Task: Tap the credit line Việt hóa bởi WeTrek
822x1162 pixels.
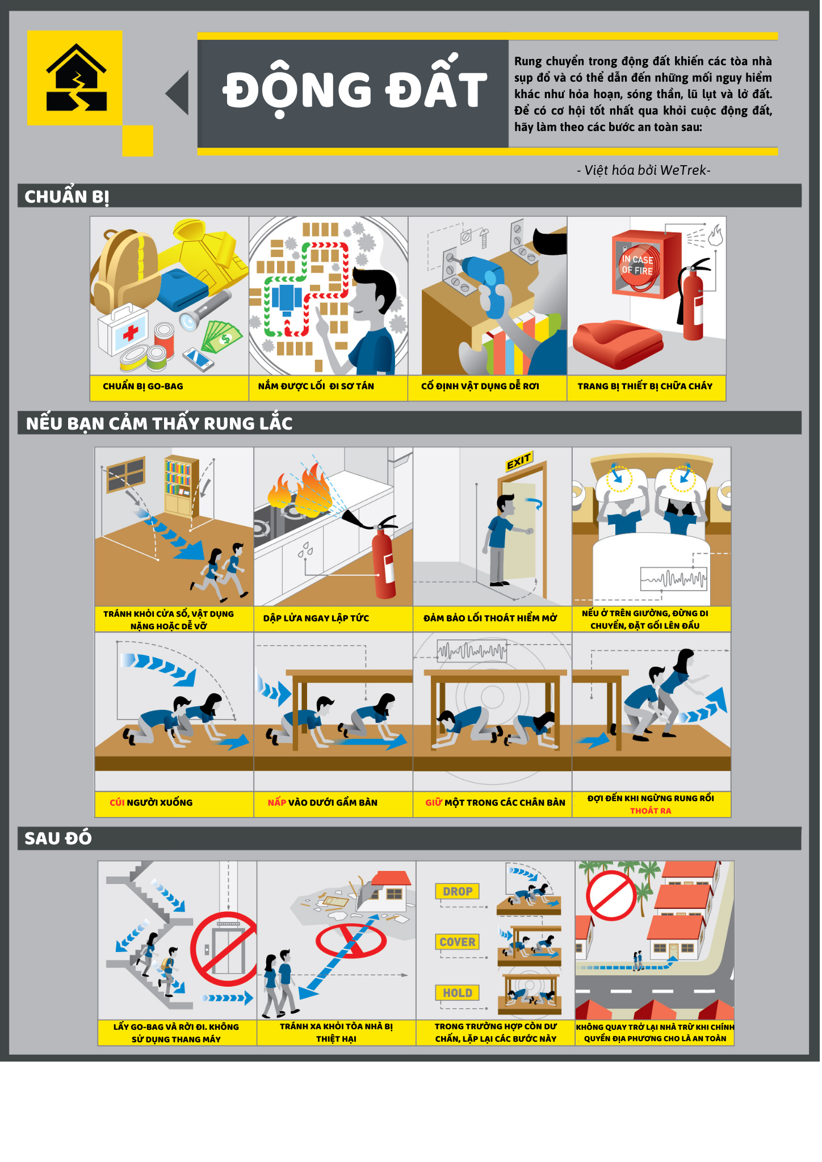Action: click(644, 170)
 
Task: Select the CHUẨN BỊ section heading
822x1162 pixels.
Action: click(66, 197)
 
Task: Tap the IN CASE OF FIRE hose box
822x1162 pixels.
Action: click(645, 264)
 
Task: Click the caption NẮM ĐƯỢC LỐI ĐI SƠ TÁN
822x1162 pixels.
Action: click(316, 386)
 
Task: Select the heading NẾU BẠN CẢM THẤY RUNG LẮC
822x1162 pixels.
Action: click(159, 423)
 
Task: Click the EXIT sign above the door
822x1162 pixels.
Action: click(519, 461)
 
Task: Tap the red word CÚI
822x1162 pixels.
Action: click(117, 802)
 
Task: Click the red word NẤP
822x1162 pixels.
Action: click(277, 802)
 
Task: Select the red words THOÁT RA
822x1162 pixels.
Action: click(651, 811)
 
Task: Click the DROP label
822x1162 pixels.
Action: click(458, 891)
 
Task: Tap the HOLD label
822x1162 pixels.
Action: click(458, 993)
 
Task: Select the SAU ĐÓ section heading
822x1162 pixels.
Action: click(58, 838)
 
